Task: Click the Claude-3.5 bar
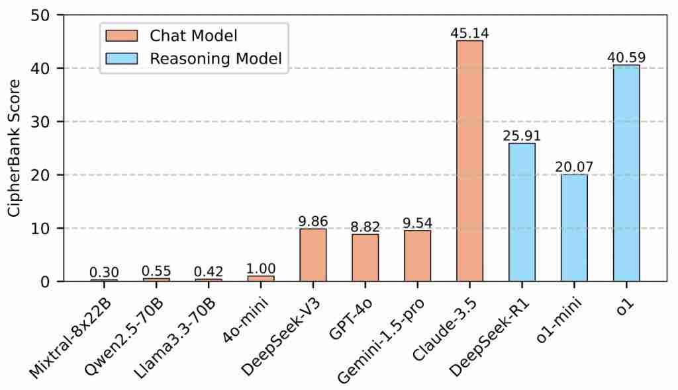click(469, 161)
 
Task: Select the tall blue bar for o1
click(626, 173)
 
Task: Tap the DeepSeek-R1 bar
click(522, 212)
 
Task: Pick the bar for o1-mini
click(574, 227)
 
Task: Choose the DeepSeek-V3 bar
click(313, 254)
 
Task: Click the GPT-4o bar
click(365, 258)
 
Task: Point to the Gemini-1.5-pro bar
click(418, 256)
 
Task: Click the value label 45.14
click(469, 33)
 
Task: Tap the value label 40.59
click(626, 58)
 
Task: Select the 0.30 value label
click(104, 272)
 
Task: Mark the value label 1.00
click(261, 268)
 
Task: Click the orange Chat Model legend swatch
click(122, 36)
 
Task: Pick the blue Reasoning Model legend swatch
click(122, 58)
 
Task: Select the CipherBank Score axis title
click(14, 148)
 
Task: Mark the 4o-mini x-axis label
click(246, 319)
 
